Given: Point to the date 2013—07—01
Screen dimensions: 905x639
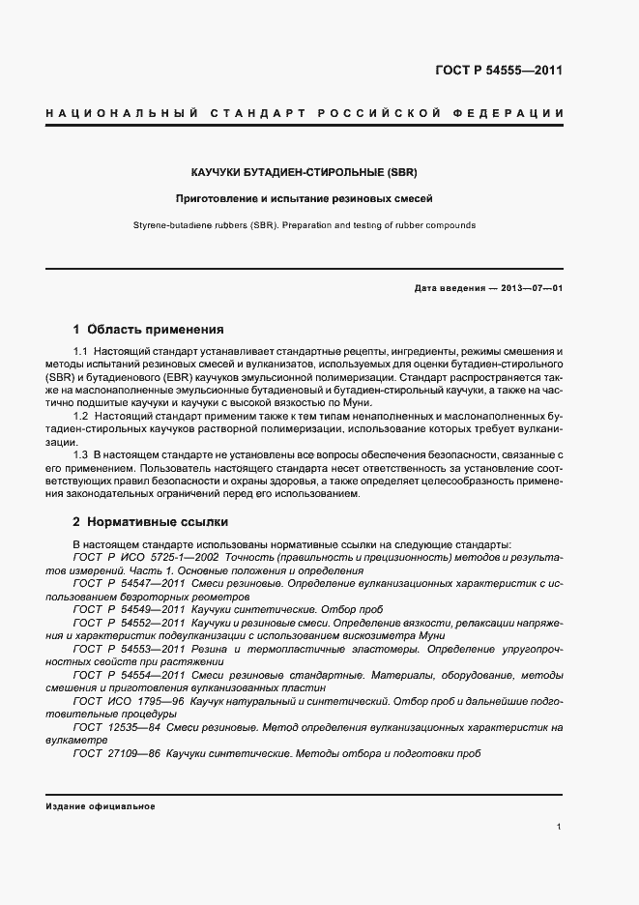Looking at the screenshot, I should click(528, 289).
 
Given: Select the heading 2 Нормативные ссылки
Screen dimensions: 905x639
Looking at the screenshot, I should click(152, 520).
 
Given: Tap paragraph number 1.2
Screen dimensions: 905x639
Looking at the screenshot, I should click(81, 415).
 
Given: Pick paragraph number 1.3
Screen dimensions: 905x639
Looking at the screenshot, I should click(81, 453).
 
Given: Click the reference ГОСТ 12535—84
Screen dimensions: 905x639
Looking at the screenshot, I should click(116, 725).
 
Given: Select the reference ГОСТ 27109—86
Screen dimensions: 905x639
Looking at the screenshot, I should click(116, 751).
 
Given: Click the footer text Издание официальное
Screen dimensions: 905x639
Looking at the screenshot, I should click(101, 805).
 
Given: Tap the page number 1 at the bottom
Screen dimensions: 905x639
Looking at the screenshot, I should click(560, 828).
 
